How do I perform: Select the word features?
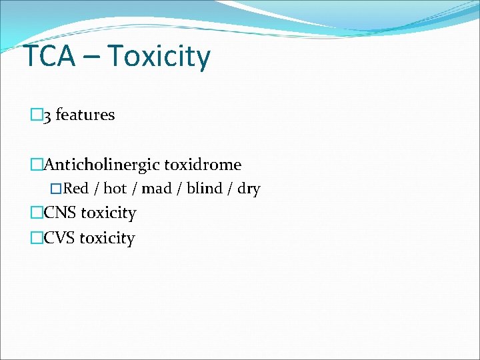click(85, 115)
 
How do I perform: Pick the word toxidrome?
click(203, 165)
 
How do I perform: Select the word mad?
click(157, 189)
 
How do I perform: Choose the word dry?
click(249, 189)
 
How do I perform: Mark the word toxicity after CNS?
click(108, 213)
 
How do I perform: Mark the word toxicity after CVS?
click(107, 238)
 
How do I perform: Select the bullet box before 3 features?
click(36, 115)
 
